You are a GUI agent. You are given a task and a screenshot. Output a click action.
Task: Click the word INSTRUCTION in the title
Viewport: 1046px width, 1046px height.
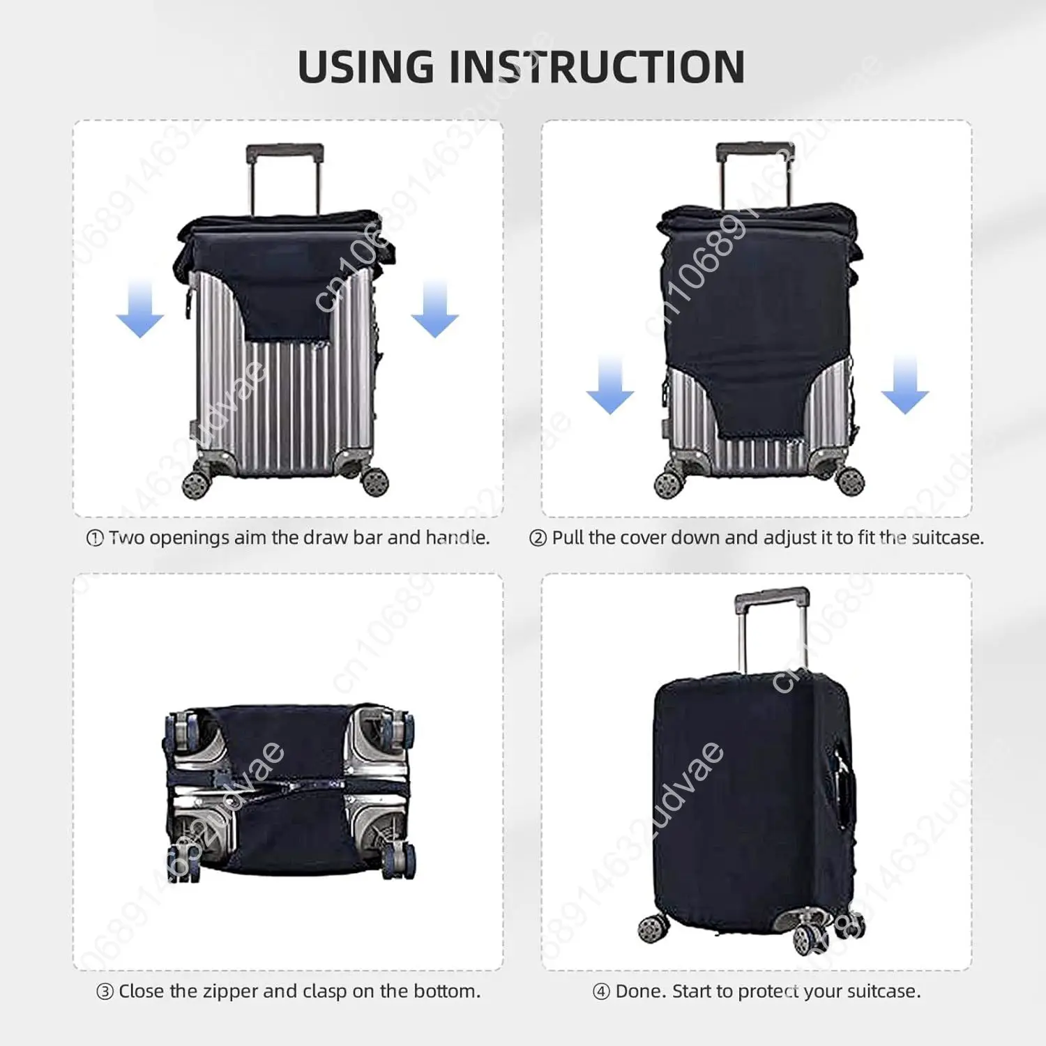pyautogui.click(x=596, y=68)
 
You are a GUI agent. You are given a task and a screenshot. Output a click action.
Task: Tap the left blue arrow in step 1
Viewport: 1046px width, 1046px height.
pyautogui.click(x=139, y=310)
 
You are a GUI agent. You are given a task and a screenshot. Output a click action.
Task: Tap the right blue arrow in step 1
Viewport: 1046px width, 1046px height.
pyautogui.click(x=434, y=310)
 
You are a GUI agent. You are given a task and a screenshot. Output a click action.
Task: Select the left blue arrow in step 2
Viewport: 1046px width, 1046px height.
pyautogui.click(x=610, y=386)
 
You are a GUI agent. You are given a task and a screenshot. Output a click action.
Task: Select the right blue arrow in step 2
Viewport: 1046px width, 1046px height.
pyautogui.click(x=904, y=386)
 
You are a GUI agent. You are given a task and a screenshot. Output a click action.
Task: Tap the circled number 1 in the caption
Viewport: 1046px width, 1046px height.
pyautogui.click(x=95, y=538)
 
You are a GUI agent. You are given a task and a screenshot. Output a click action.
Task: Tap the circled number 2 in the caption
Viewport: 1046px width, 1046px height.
pyautogui.click(x=538, y=538)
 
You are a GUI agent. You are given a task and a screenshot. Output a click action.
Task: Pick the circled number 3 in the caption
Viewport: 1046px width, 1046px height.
pyautogui.click(x=105, y=992)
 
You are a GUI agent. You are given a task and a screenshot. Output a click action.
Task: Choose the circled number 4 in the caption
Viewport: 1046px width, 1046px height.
pyautogui.click(x=601, y=992)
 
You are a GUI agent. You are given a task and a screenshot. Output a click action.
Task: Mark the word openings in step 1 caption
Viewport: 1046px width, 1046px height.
pyautogui.click(x=189, y=538)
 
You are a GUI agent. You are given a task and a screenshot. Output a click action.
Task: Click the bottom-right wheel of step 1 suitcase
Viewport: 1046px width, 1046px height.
pyautogui.click(x=374, y=481)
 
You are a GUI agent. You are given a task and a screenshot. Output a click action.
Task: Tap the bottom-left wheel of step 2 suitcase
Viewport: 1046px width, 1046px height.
pyautogui.click(x=669, y=484)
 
